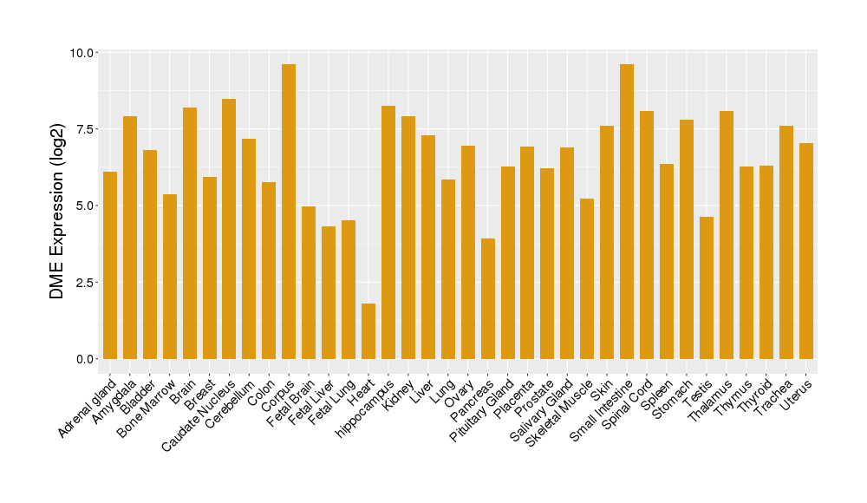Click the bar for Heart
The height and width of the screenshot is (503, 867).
pos(368,331)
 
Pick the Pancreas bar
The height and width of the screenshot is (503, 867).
pos(488,298)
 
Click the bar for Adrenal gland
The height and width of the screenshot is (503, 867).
pos(110,265)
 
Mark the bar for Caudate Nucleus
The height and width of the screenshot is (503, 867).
pos(229,229)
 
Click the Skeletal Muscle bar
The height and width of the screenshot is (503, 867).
pos(587,278)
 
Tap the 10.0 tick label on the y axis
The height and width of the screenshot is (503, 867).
pos(82,53)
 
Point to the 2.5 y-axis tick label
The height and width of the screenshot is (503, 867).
pos(85,283)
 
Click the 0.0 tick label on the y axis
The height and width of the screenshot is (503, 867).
pos(85,359)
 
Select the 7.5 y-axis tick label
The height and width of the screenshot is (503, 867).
pos(85,129)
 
